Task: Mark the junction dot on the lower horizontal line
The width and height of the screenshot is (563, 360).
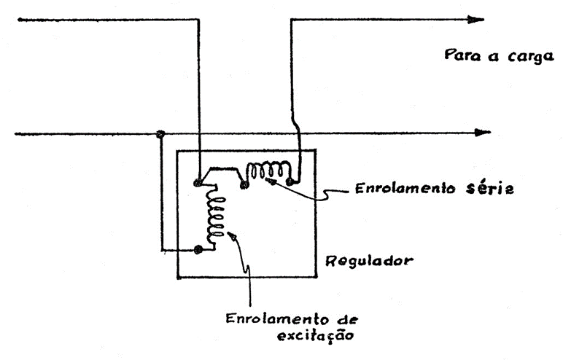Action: (160, 134)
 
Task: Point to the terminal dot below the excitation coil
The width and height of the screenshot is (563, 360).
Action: (198, 249)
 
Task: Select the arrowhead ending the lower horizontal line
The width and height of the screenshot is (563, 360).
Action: (481, 133)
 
